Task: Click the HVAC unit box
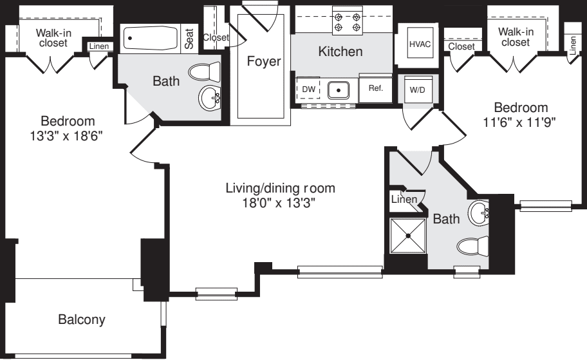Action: click(x=420, y=44)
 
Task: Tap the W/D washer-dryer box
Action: click(x=417, y=90)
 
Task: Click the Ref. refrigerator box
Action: click(x=375, y=89)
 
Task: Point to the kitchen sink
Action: click(x=339, y=90)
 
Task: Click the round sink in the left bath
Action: click(x=210, y=98)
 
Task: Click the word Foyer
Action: click(x=264, y=61)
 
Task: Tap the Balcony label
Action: click(x=82, y=319)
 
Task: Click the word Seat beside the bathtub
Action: click(x=189, y=39)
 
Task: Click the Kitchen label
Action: click(x=340, y=51)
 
